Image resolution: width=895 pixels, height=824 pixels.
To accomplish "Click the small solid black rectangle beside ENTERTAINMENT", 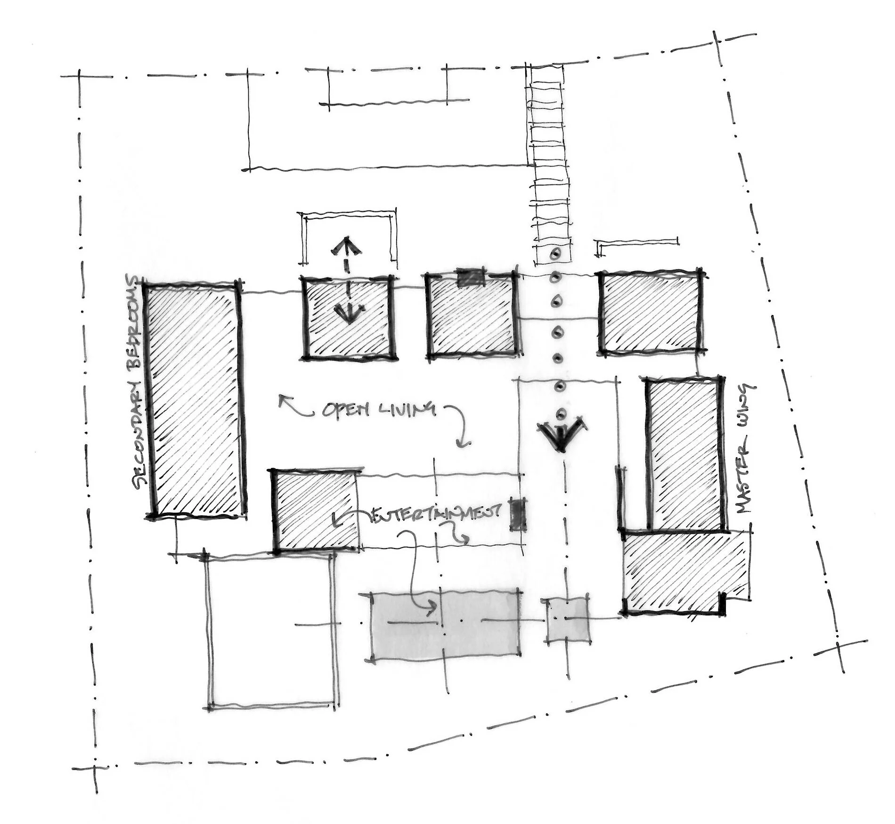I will click(x=519, y=515).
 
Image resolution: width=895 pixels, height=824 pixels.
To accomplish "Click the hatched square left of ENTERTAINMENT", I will click(x=315, y=511).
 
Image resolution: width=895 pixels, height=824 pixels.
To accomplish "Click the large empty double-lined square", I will click(x=272, y=631).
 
